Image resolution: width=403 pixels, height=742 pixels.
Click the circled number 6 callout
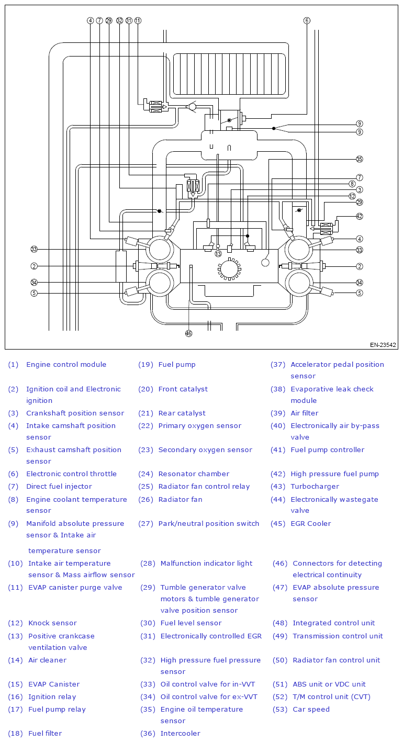307,20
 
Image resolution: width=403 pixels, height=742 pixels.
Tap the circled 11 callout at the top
138,20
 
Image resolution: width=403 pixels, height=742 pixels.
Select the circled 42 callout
360,216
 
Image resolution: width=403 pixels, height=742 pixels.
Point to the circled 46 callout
188,333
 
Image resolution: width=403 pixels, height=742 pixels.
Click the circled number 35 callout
360,159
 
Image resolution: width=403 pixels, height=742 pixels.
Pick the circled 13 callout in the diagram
218,253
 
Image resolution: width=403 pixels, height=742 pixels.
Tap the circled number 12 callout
352,196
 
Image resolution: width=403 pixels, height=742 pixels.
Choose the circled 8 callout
352,184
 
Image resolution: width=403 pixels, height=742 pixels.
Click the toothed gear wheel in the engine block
229,269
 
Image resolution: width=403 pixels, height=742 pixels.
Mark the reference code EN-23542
383,345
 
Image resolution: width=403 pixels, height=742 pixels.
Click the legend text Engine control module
66,365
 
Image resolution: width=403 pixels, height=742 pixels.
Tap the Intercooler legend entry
180,734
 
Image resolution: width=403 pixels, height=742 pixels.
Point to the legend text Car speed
311,710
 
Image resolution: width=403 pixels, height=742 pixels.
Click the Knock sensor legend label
52,623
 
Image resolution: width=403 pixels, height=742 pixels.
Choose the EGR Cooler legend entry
311,524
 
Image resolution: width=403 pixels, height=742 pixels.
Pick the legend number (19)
145,365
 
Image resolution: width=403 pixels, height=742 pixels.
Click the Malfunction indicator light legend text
206,564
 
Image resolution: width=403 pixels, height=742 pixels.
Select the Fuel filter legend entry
45,734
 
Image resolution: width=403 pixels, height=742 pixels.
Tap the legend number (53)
280,710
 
